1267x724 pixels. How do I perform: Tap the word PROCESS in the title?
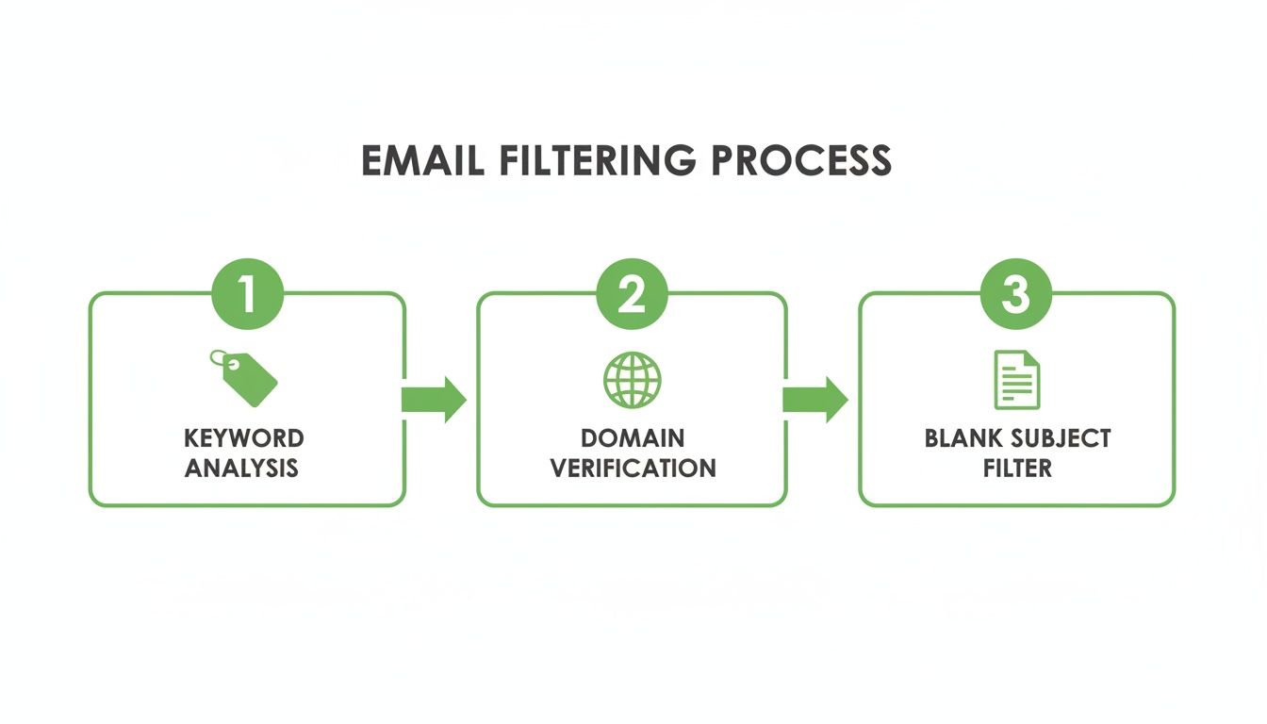(x=800, y=160)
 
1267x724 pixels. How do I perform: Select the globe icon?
(x=632, y=380)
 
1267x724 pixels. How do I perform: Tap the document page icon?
(x=1016, y=380)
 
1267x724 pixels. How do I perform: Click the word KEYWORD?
(x=244, y=438)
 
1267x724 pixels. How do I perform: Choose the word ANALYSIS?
(x=242, y=468)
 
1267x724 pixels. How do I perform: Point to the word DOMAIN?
(x=633, y=438)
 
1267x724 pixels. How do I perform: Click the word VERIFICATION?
(x=633, y=468)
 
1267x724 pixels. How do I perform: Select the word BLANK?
(x=963, y=438)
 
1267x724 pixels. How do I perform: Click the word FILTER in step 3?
(x=1016, y=468)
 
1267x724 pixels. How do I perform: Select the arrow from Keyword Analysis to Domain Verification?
(x=434, y=400)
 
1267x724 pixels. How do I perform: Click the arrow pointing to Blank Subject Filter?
(x=815, y=400)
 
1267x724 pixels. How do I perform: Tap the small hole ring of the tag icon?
(x=219, y=358)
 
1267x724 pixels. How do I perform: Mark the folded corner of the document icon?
(x=1032, y=359)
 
